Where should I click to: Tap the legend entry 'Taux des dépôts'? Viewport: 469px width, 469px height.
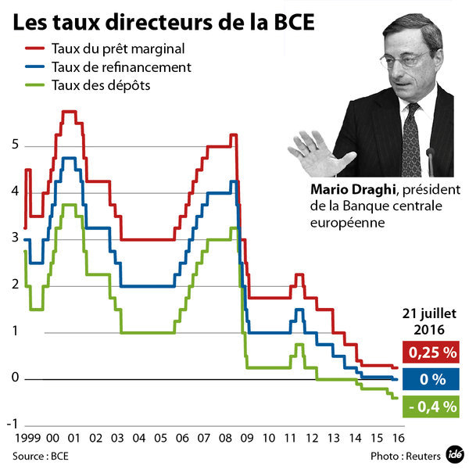(x=101, y=84)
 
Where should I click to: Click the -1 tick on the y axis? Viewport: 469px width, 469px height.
(x=12, y=424)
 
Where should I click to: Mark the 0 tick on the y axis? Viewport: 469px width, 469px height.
(x=14, y=378)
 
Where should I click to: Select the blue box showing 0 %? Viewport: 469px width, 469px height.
(x=430, y=380)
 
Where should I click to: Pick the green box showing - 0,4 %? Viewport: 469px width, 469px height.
(x=430, y=406)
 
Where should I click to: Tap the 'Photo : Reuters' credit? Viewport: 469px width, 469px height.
(x=404, y=455)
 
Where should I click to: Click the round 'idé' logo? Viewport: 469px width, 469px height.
(x=455, y=453)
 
